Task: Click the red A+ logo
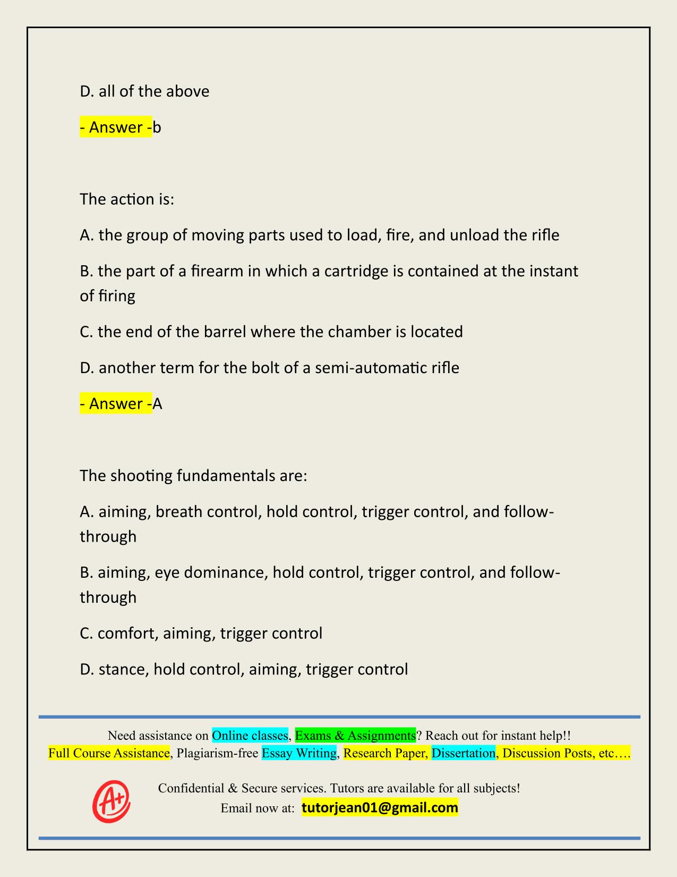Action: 112,801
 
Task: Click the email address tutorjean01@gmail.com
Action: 380,808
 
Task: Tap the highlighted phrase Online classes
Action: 250,735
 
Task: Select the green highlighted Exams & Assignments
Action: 355,735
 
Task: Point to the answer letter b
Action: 157,128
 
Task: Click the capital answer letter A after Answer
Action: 157,404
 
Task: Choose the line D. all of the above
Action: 144,91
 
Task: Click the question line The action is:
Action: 127,199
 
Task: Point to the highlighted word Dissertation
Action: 463,753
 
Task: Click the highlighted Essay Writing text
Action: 299,753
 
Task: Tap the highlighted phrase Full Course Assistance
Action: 109,753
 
